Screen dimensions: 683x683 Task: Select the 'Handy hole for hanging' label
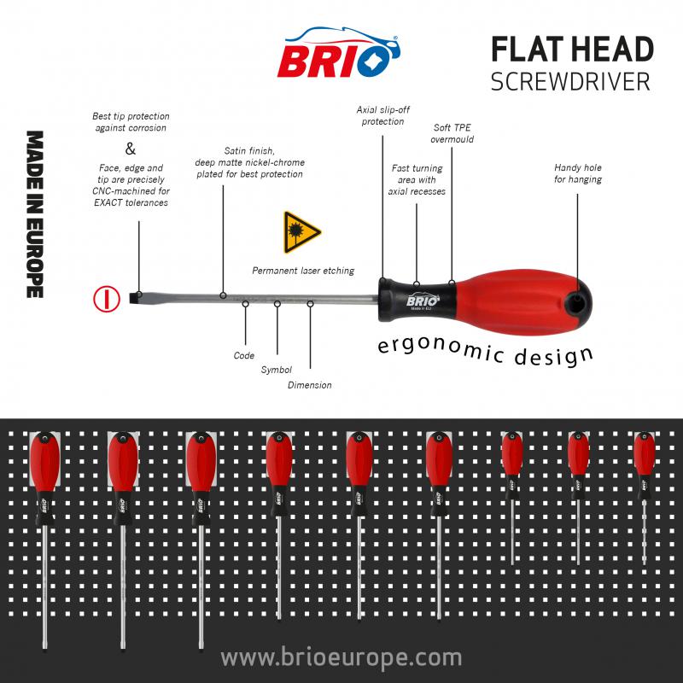point(578,173)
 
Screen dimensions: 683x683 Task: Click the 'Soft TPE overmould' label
point(452,133)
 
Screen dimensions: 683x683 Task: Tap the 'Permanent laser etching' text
point(303,271)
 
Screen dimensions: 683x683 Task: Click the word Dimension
point(309,385)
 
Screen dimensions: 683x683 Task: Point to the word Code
point(243,355)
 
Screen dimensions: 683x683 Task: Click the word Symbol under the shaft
point(276,370)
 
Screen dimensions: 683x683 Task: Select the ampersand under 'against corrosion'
point(130,147)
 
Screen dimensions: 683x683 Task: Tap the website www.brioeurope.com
point(341,658)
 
